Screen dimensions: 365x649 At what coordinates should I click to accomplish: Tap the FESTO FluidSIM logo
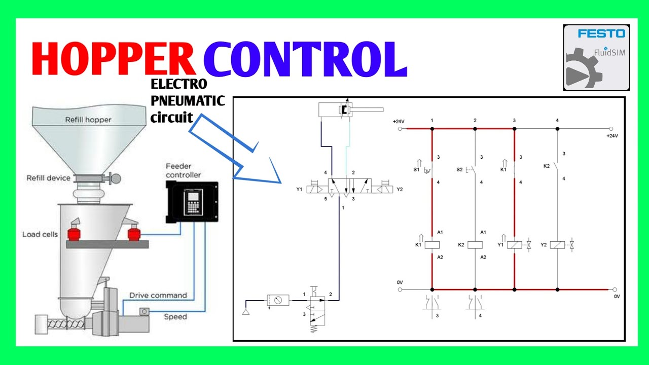596,57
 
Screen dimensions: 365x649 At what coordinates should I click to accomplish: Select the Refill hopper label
88,120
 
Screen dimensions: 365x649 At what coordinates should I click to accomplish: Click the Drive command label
158,295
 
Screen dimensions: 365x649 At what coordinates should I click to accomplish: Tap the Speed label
175,317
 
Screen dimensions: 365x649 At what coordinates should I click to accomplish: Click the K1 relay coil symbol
431,245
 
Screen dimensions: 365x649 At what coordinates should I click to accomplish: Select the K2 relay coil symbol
475,245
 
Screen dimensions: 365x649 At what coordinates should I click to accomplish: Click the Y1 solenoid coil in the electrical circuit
515,245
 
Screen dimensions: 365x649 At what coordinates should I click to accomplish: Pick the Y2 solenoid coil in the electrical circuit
557,245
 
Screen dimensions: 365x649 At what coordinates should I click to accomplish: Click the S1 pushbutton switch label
416,170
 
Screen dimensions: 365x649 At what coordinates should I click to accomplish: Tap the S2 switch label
459,170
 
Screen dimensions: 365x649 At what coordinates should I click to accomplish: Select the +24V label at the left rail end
399,122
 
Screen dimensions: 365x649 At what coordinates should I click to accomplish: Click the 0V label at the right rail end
617,296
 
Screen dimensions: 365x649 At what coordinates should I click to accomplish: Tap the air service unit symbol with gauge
278,300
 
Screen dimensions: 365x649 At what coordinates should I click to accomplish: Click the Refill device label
48,178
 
